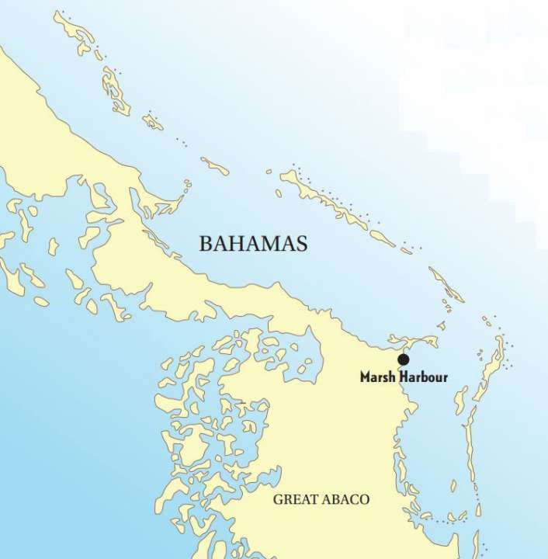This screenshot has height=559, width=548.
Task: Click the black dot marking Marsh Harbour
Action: point(403,359)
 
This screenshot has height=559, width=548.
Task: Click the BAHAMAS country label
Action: point(253,243)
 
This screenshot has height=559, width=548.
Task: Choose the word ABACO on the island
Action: point(344,499)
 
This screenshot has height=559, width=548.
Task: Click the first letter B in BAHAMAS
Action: point(206,243)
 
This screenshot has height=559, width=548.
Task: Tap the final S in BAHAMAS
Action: point(302,243)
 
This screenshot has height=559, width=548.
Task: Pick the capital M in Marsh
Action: point(366,378)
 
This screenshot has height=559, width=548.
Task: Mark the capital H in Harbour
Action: point(404,378)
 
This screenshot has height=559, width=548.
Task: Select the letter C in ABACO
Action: point(353,499)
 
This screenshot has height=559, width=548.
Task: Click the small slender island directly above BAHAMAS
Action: point(215,165)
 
